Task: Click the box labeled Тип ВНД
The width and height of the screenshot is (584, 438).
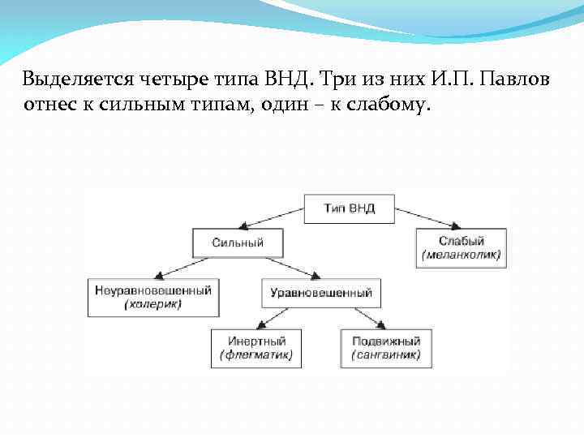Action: pyautogui.click(x=350, y=208)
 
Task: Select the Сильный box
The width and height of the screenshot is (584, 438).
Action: pyautogui.click(x=238, y=243)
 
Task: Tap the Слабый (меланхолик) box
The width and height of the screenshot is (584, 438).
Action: pyautogui.click(x=461, y=248)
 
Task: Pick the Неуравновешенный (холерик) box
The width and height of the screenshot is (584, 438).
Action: pyautogui.click(x=152, y=297)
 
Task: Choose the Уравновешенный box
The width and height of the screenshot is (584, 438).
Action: pyautogui.click(x=320, y=293)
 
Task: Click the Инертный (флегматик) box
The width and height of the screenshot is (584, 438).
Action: pyautogui.click(x=256, y=348)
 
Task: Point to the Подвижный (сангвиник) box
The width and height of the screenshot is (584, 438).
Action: pyautogui.click(x=386, y=348)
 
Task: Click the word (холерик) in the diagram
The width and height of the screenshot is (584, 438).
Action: pyautogui.click(x=152, y=305)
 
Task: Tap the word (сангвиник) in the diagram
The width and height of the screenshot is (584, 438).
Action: pyautogui.click(x=386, y=355)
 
